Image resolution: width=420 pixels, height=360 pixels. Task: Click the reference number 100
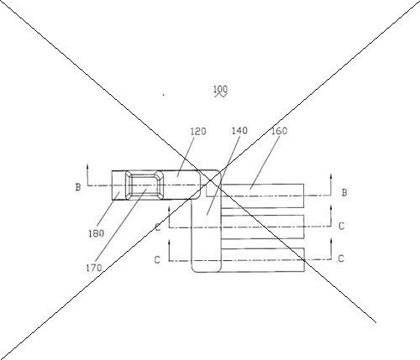click(x=220, y=89)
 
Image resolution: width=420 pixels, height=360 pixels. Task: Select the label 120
click(x=198, y=132)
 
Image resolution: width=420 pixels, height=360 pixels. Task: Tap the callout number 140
click(x=239, y=131)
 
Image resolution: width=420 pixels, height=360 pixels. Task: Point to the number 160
click(x=280, y=131)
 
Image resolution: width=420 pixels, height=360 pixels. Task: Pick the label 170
click(x=94, y=268)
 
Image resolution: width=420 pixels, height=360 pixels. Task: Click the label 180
click(x=96, y=233)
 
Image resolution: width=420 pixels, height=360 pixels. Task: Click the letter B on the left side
click(x=78, y=187)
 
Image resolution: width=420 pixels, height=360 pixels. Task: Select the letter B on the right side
click(x=344, y=192)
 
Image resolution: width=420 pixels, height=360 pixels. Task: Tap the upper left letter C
click(x=158, y=227)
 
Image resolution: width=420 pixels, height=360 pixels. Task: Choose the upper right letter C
click(x=341, y=226)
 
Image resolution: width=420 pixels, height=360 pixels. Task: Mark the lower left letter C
click(x=157, y=260)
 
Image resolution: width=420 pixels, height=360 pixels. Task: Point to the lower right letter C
click(x=341, y=258)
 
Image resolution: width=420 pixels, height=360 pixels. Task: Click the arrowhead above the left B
click(x=87, y=166)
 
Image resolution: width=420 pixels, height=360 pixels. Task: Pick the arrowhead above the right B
click(x=331, y=176)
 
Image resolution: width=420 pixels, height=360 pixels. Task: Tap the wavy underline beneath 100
click(x=221, y=96)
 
